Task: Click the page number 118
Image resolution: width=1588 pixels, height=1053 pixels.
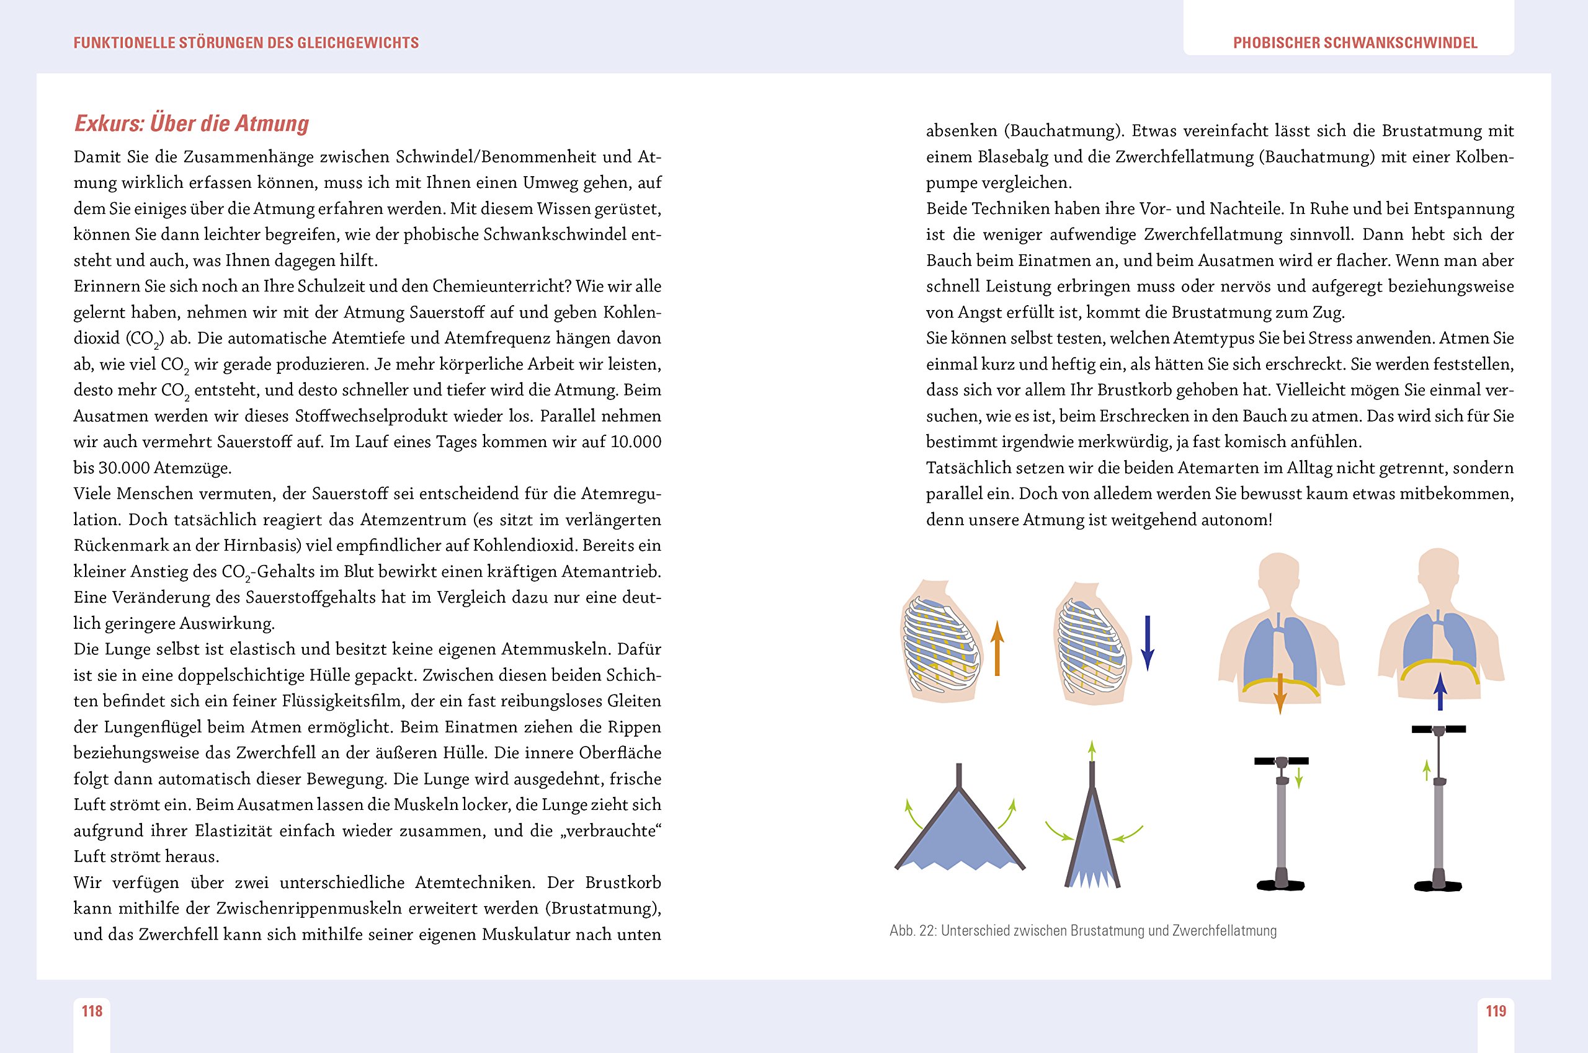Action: click(x=92, y=1011)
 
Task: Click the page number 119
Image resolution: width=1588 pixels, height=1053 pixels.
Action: click(x=1496, y=1011)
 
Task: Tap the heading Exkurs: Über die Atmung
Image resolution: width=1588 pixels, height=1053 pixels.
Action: click(x=192, y=123)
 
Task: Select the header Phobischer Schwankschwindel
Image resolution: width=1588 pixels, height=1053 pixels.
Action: click(x=1355, y=43)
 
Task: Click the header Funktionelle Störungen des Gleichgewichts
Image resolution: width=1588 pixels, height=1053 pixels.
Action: click(x=246, y=43)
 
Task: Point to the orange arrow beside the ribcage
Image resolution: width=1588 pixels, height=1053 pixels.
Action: click(x=997, y=648)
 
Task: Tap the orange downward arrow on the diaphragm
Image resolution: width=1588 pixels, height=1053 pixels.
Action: click(x=1280, y=694)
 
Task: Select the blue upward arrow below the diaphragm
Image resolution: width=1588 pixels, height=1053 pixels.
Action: click(x=1440, y=691)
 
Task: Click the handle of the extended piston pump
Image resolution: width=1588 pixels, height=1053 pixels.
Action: click(x=1439, y=729)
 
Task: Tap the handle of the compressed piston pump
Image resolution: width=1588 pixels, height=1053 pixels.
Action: click(x=1281, y=761)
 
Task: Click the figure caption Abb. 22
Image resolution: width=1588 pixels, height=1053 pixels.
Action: click(x=1083, y=931)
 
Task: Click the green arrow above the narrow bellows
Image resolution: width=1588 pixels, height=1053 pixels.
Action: click(x=1092, y=750)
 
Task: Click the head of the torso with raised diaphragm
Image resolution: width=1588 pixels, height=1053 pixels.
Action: click(x=1439, y=571)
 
